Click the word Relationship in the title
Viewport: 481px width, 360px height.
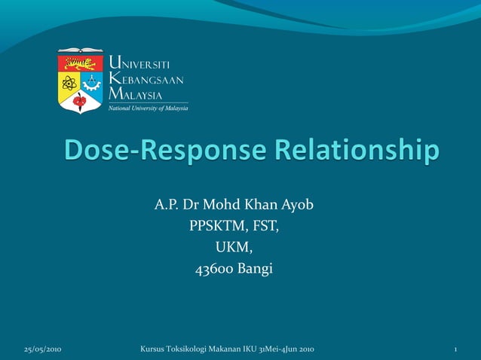tap(353, 151)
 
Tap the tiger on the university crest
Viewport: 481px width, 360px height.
tap(81, 63)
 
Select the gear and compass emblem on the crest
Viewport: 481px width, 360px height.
tap(92, 81)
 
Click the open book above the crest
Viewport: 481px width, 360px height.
tap(81, 51)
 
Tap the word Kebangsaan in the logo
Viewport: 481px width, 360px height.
tap(146, 78)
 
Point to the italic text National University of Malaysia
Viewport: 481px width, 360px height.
tap(148, 108)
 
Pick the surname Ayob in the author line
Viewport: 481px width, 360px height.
tap(297, 205)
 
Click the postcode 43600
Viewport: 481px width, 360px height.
tap(214, 268)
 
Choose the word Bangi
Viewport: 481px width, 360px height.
tap(255, 268)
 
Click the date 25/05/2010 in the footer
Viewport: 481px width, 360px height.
tap(43, 349)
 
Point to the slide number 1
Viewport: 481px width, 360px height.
tap(456, 349)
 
